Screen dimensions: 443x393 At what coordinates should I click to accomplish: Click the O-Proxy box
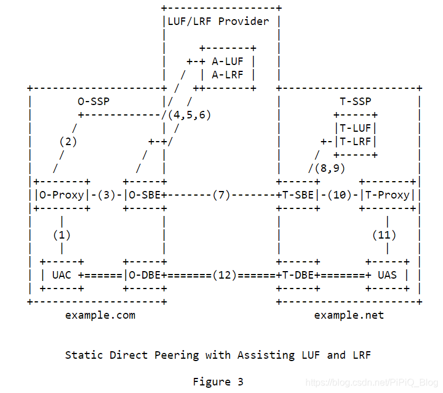[60, 195]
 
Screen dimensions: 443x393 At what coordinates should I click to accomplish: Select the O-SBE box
[143, 195]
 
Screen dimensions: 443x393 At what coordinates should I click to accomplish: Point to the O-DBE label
[143, 275]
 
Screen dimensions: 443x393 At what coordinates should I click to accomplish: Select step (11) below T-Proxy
[384, 235]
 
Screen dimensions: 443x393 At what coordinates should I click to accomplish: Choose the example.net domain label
[348, 315]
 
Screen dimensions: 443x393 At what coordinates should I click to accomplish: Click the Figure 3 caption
[218, 381]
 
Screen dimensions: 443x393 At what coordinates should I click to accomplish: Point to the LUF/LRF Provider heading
[218, 21]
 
